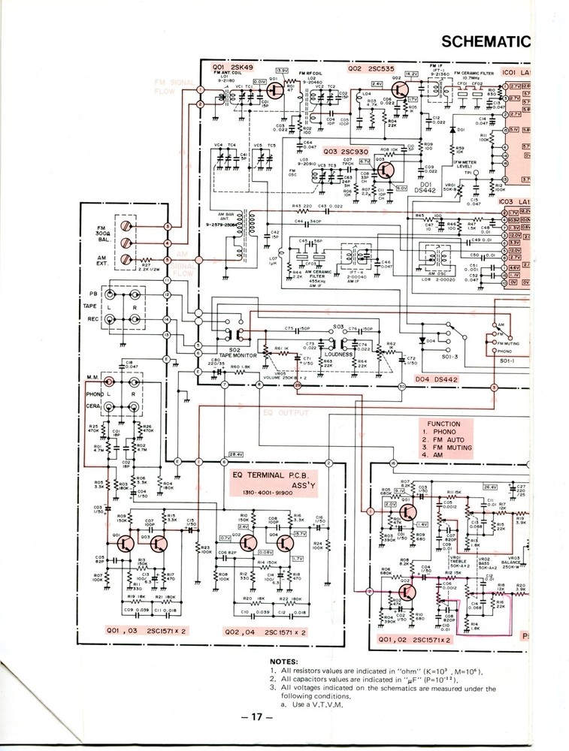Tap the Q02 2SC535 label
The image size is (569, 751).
click(371, 69)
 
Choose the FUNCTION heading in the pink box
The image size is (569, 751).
click(443, 424)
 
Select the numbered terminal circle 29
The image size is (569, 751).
click(298, 385)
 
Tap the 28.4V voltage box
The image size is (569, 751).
click(236, 454)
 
